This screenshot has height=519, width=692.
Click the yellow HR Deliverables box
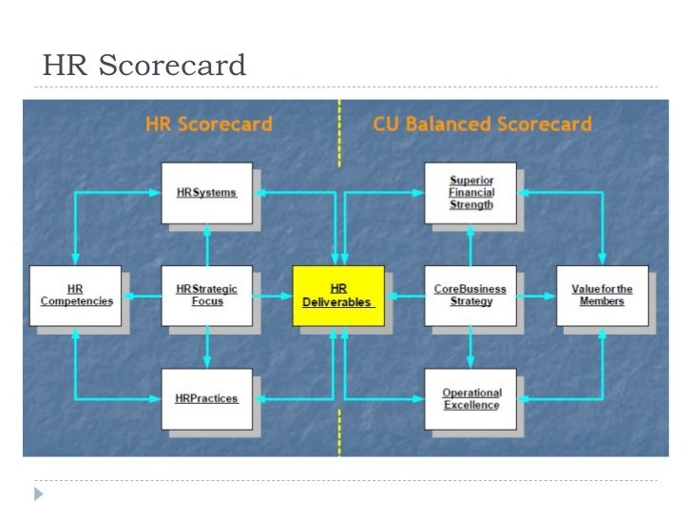(337, 296)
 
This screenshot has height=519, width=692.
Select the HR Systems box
(206, 192)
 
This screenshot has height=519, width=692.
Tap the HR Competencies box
(75, 296)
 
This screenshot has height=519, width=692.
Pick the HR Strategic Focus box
(206, 296)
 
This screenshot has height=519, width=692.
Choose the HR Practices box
(206, 398)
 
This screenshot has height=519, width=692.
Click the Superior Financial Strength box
(471, 192)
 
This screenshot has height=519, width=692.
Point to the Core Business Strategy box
(471, 296)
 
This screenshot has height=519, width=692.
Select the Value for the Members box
(602, 296)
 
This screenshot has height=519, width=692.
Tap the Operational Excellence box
(471, 398)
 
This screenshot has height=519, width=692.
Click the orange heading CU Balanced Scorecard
(482, 125)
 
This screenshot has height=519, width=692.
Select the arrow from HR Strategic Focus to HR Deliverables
(272, 296)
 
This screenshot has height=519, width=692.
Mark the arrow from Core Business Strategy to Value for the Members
(537, 296)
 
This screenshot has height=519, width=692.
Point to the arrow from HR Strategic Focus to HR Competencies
(142, 296)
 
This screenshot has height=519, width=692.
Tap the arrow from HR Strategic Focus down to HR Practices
(206, 348)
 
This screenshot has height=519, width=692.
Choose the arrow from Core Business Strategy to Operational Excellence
(471, 348)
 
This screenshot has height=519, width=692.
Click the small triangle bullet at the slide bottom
(38, 494)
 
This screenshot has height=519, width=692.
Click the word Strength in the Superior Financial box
(471, 204)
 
